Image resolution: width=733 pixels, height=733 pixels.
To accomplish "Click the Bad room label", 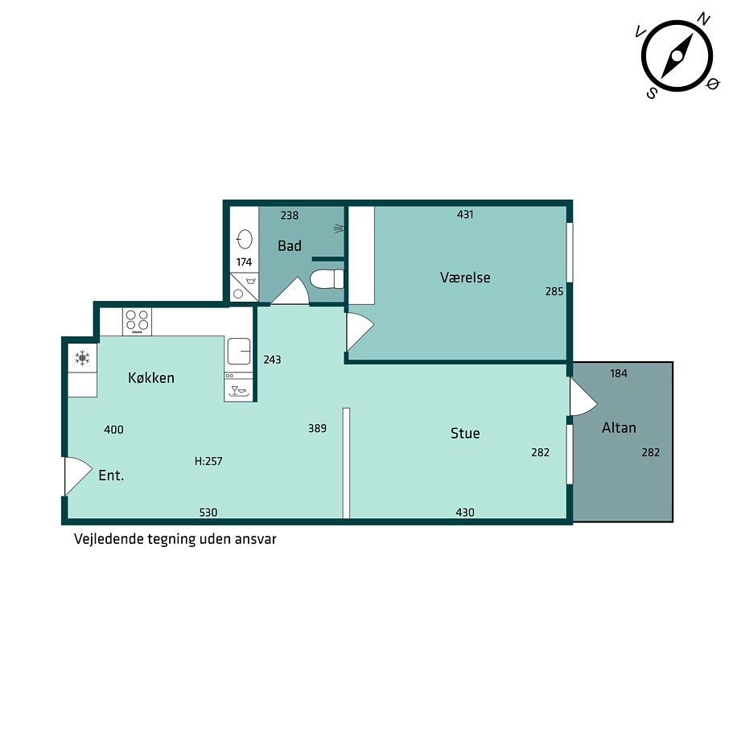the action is pyautogui.click(x=290, y=245).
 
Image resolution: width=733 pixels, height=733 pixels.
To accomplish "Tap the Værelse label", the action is pyautogui.click(x=465, y=278).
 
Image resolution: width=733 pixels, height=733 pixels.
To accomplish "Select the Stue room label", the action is pyautogui.click(x=465, y=433).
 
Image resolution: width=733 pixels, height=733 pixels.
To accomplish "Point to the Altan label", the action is pyautogui.click(x=619, y=427).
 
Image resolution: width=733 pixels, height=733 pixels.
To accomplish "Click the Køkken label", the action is pyautogui.click(x=151, y=377).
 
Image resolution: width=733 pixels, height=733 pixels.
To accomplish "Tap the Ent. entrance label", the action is pyautogui.click(x=111, y=476).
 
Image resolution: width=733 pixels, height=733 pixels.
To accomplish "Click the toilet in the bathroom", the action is pyautogui.click(x=327, y=279).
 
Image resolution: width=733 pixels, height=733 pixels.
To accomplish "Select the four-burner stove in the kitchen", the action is pyautogui.click(x=137, y=321).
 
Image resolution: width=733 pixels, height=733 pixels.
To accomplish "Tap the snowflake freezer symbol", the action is pyautogui.click(x=82, y=359).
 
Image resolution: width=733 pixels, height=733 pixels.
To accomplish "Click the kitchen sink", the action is pyautogui.click(x=239, y=351).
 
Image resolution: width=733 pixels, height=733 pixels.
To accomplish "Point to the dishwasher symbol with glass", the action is pyautogui.click(x=238, y=388).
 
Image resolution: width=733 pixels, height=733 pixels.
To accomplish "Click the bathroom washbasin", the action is pyautogui.click(x=245, y=239).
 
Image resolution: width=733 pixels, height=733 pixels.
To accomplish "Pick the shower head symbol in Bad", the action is pyautogui.click(x=339, y=229).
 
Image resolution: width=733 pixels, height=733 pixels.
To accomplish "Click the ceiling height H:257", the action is pyautogui.click(x=208, y=461).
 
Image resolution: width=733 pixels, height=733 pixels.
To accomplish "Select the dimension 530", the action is pyautogui.click(x=208, y=513).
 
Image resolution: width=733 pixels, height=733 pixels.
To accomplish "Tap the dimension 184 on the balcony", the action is pyautogui.click(x=619, y=373).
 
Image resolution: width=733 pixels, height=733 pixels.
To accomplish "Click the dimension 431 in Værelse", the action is pyautogui.click(x=465, y=214).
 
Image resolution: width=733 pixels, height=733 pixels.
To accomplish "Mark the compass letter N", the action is pyautogui.click(x=703, y=19).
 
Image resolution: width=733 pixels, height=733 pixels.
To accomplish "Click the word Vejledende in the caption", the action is pyautogui.click(x=109, y=539).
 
